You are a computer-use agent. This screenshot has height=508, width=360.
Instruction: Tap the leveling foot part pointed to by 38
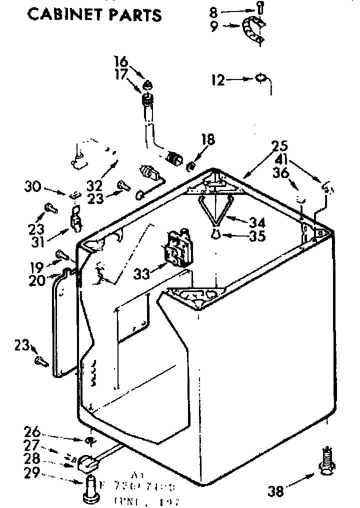(x=326, y=462)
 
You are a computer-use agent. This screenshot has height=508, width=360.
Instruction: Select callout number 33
(x=141, y=273)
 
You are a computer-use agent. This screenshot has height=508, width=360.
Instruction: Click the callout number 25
(x=279, y=146)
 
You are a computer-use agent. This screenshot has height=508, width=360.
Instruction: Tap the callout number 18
(x=208, y=139)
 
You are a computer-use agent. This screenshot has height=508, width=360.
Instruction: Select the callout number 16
(x=120, y=61)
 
